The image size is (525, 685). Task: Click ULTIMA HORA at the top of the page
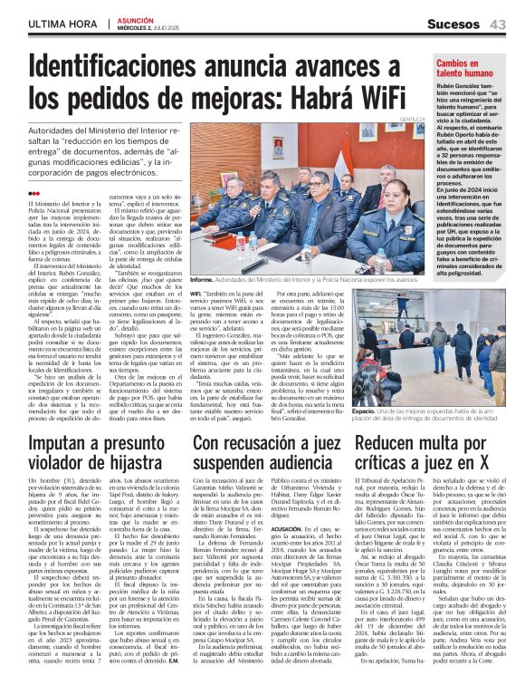(x=65, y=22)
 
